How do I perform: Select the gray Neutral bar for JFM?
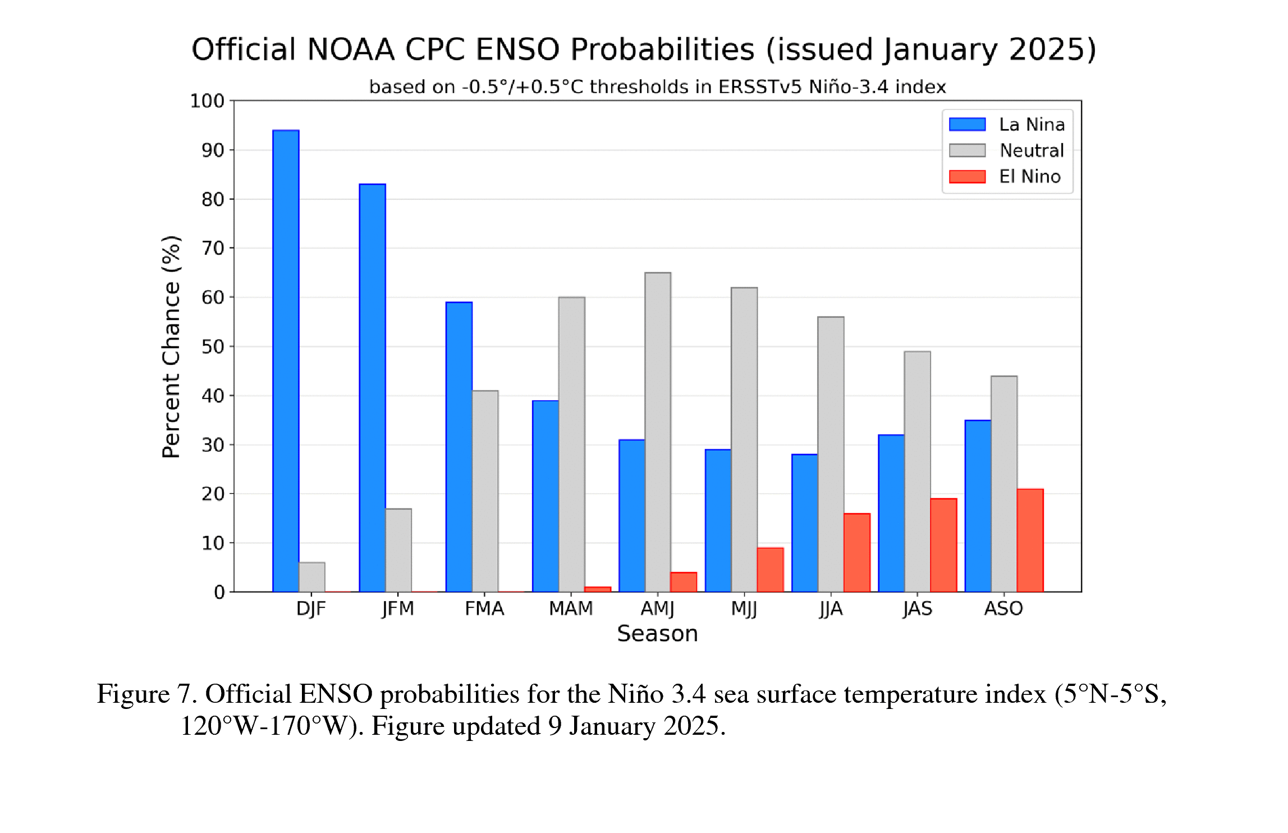[x=398, y=550]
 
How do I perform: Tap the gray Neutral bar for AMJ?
[x=658, y=432]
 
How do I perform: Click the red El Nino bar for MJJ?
[x=770, y=570]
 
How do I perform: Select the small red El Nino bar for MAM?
[x=598, y=589]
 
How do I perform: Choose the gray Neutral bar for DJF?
[x=312, y=577]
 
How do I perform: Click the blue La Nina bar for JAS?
[x=891, y=513]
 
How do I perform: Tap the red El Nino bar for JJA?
[x=857, y=552]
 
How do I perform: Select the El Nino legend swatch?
[x=967, y=177]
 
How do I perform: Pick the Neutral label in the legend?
[x=1032, y=150]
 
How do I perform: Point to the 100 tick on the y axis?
[x=207, y=101]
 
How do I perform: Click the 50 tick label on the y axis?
[x=213, y=346]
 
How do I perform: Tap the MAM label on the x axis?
[x=571, y=608]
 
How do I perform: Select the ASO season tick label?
[x=1003, y=608]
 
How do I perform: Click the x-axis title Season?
[x=657, y=634]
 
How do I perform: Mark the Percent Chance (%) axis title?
[x=171, y=346]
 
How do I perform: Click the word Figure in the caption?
[x=133, y=694]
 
